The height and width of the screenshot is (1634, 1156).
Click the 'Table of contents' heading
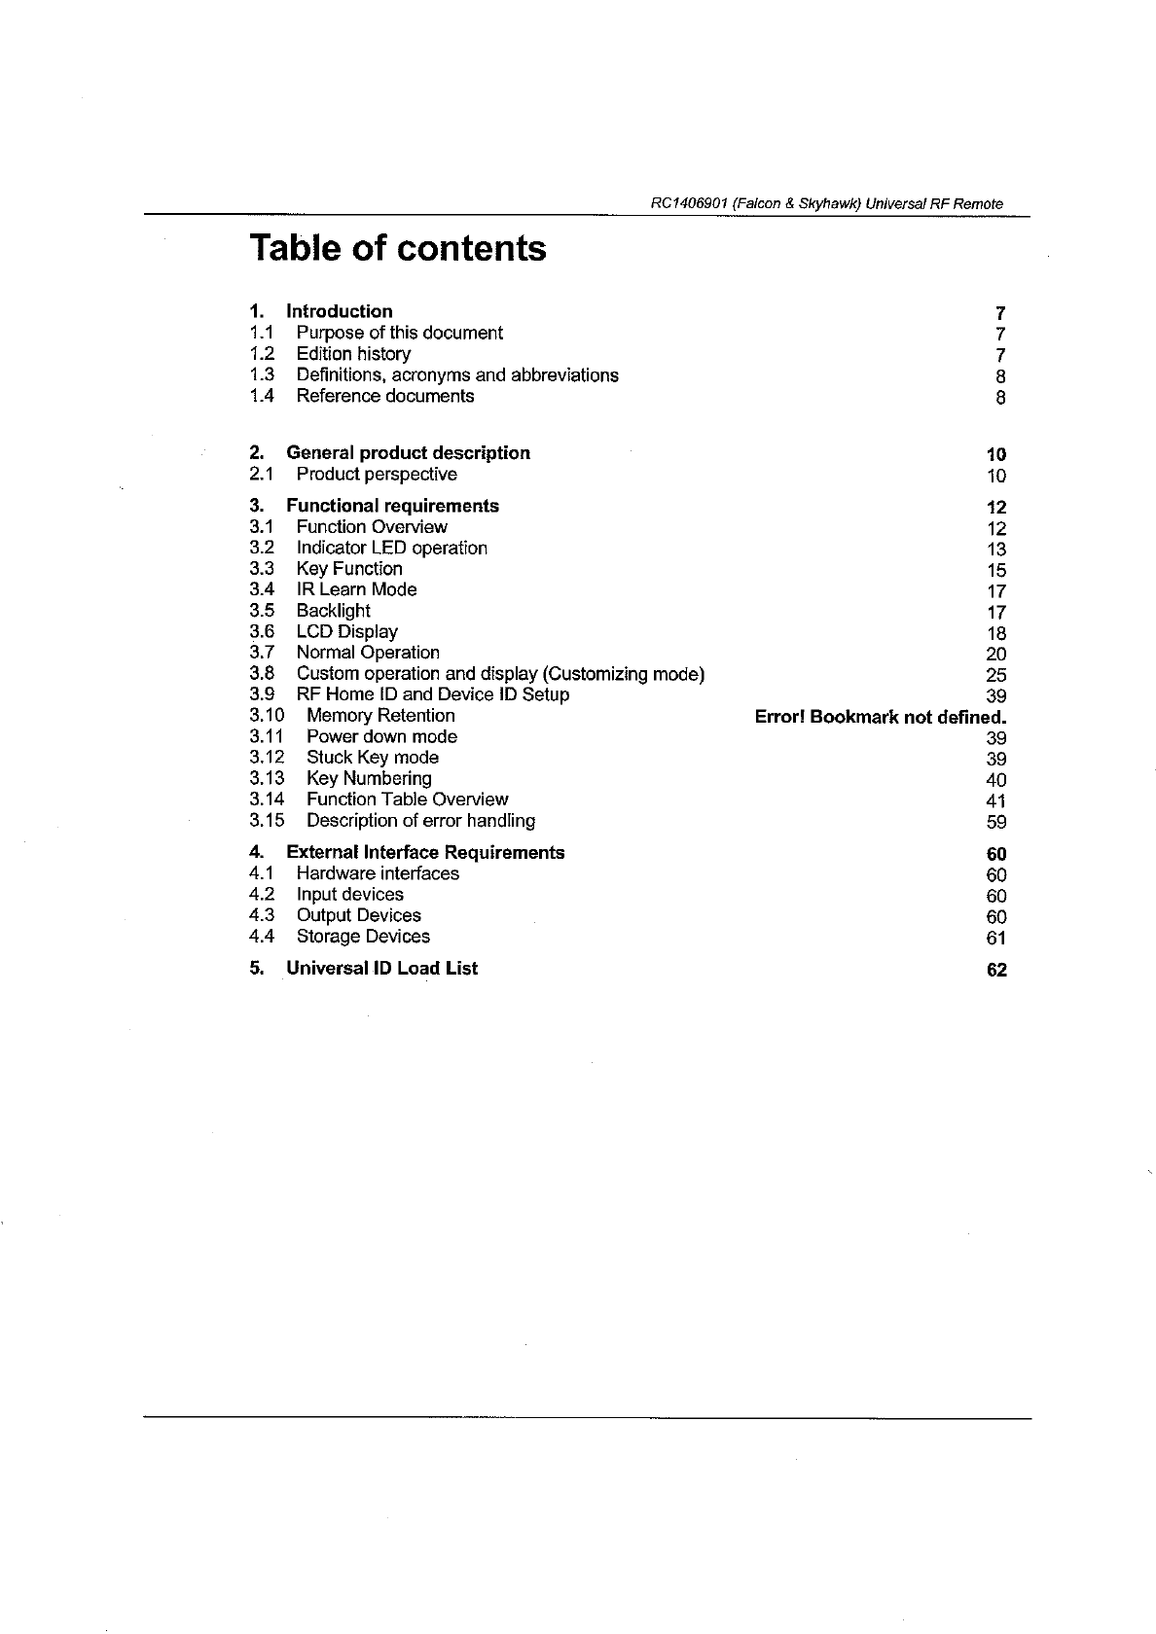pos(397,248)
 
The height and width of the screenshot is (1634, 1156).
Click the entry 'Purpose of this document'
pos(399,333)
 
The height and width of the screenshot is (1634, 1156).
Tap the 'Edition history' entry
pos(353,354)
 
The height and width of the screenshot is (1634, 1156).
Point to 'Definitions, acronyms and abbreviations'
pos(457,375)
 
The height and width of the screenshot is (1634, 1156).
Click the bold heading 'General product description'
pos(408,453)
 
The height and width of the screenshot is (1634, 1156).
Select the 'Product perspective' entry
pos(377,475)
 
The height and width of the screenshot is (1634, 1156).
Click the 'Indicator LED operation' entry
pos(391,548)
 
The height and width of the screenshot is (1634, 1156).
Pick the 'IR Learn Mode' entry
pos(356,589)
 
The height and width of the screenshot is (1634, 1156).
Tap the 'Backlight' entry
pos(333,611)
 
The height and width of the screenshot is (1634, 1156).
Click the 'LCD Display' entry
pos(346,632)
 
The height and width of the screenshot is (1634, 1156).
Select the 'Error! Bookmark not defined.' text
pos(881,717)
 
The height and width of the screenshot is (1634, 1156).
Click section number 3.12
pos(267,758)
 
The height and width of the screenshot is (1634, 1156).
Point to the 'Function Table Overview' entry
pos(407,799)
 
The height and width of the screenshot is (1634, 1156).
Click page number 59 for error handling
pos(996,822)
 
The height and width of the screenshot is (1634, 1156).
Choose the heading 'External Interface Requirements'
pos(425,853)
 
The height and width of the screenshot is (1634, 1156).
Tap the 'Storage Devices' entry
pos(363,937)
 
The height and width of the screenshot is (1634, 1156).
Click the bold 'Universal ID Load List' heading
pos(381,969)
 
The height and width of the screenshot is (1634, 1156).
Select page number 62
pos(996,971)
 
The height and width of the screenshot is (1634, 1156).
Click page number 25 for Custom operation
pos(996,675)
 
